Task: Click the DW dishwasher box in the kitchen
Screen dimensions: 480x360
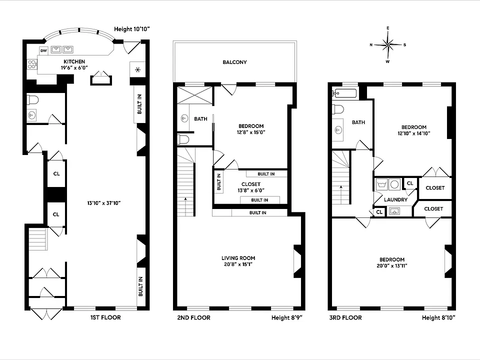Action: [x=44, y=50]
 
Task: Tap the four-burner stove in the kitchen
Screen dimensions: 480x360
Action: [x=32, y=64]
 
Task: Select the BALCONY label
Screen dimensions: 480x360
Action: [x=235, y=62]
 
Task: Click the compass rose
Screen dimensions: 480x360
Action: [x=388, y=44]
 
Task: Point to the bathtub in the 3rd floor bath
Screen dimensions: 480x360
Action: [x=345, y=93]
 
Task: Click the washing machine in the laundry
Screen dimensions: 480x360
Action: [x=382, y=184]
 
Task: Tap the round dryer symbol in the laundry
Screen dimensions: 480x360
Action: [x=395, y=184]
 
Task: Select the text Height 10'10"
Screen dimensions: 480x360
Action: [x=132, y=29]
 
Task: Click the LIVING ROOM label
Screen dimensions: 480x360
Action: [x=238, y=258]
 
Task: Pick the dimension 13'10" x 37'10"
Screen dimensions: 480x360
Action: [x=104, y=203]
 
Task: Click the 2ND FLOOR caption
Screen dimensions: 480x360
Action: [x=194, y=318]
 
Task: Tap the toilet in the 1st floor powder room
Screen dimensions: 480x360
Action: [x=33, y=100]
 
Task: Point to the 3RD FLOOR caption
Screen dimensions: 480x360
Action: [x=345, y=318]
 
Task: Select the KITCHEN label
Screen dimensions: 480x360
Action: [x=74, y=61]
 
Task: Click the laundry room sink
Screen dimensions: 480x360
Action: [x=394, y=211]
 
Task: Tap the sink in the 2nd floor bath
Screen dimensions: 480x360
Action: [x=184, y=118]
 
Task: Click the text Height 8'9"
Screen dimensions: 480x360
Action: [x=287, y=318]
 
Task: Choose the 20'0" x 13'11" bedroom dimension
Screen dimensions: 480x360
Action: [x=392, y=265]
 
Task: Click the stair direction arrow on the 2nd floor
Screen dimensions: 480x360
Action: [x=185, y=206]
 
